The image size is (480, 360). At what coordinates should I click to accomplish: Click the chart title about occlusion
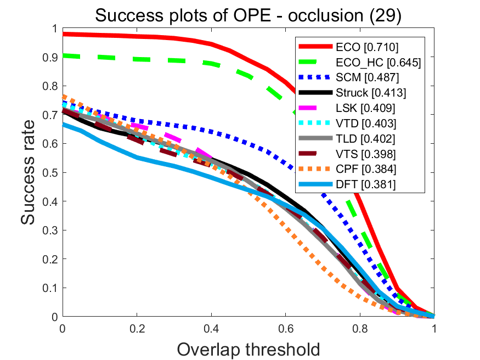pyautogui.click(x=249, y=15)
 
